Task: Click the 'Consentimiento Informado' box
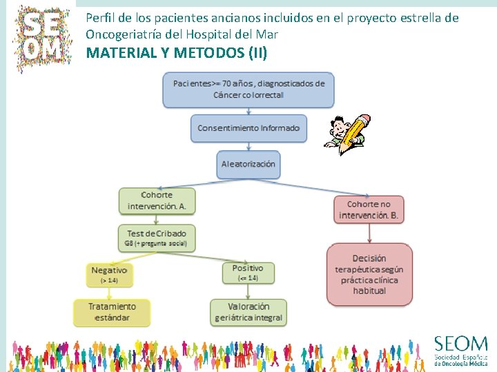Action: click(248, 128)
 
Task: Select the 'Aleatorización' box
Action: click(248, 164)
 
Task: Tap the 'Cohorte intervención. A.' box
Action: click(157, 200)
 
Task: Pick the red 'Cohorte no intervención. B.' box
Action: click(369, 209)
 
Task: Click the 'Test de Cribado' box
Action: click(157, 238)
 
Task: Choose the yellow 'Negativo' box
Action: click(109, 275)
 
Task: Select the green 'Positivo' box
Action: click(248, 272)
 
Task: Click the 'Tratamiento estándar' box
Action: click(112, 312)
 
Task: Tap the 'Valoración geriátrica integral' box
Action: click(248, 312)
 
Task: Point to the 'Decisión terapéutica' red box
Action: click(369, 273)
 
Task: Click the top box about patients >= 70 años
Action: click(248, 89)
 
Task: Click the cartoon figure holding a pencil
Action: click(347, 134)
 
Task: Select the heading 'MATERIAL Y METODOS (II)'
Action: click(176, 52)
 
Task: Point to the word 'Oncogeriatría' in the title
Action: click(120, 33)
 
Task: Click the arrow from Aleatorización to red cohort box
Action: click(318, 187)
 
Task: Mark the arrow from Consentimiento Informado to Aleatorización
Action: click(248, 146)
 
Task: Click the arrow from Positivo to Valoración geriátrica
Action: click(248, 291)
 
